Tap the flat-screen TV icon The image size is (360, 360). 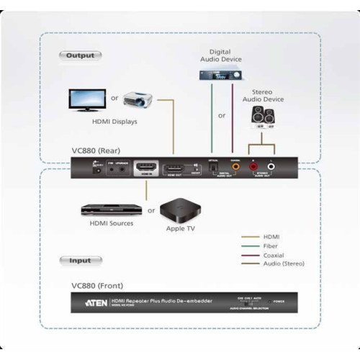pos(88,101)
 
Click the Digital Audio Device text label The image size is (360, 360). pos(220,56)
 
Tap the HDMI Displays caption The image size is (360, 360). pos(114,122)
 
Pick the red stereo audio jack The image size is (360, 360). pos(253,167)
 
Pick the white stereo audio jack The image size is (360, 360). pos(270,167)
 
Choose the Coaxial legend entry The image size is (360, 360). pos(274,254)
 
